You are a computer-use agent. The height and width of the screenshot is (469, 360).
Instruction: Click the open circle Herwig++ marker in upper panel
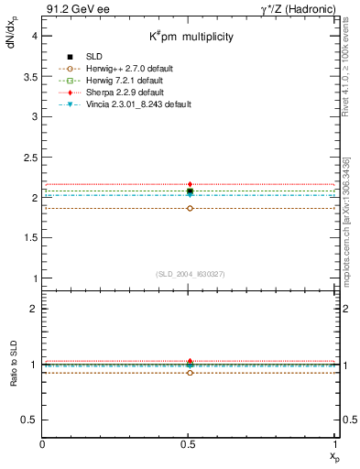click(x=190, y=208)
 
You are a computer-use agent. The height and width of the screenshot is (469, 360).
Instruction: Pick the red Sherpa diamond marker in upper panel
click(x=190, y=184)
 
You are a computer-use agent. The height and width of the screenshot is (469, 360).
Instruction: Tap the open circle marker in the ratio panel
click(x=190, y=373)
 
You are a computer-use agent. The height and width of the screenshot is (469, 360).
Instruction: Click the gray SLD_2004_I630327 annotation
click(x=190, y=273)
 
